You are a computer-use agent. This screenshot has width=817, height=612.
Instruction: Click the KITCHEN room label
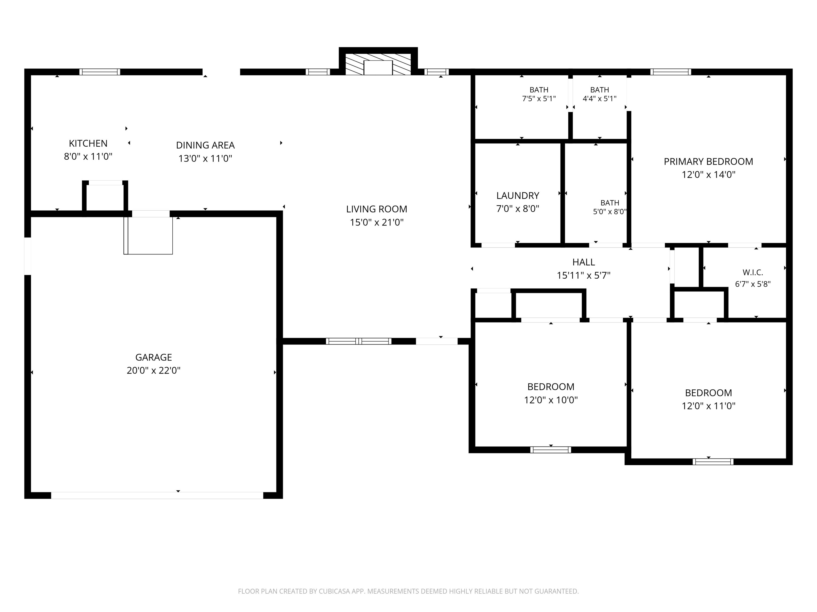click(x=88, y=143)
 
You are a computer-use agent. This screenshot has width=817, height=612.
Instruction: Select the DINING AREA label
click(x=205, y=145)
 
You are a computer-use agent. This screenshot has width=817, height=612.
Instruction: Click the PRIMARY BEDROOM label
click(x=708, y=161)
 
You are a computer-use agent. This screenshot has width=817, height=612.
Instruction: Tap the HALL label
click(x=583, y=262)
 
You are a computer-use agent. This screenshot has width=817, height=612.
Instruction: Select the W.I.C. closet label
click(x=753, y=272)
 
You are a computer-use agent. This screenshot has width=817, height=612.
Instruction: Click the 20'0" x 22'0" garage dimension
click(x=154, y=370)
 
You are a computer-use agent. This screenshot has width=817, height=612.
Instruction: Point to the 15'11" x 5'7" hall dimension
click(x=583, y=275)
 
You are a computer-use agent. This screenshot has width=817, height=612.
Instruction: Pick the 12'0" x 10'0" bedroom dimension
click(x=551, y=400)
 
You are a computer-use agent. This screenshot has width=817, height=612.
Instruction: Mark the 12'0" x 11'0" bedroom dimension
click(x=708, y=406)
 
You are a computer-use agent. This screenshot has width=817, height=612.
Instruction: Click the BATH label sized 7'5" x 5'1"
click(x=539, y=90)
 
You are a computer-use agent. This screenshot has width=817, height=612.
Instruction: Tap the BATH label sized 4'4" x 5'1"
click(x=599, y=90)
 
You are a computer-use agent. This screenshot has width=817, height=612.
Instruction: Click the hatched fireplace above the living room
click(x=378, y=64)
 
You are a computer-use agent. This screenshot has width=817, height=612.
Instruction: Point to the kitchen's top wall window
click(x=100, y=72)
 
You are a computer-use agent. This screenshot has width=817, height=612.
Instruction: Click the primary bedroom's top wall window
click(x=670, y=72)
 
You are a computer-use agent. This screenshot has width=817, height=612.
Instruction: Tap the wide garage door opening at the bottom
click(x=157, y=495)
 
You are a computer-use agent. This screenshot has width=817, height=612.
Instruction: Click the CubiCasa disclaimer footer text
click(x=408, y=591)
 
